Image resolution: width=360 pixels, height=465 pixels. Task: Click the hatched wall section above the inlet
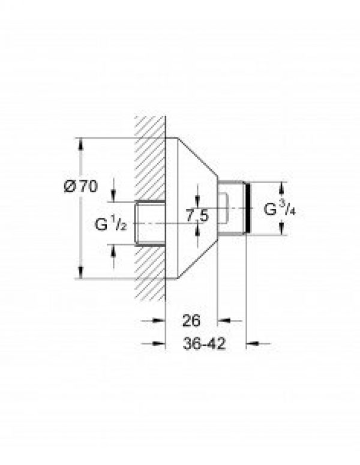[150, 156]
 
